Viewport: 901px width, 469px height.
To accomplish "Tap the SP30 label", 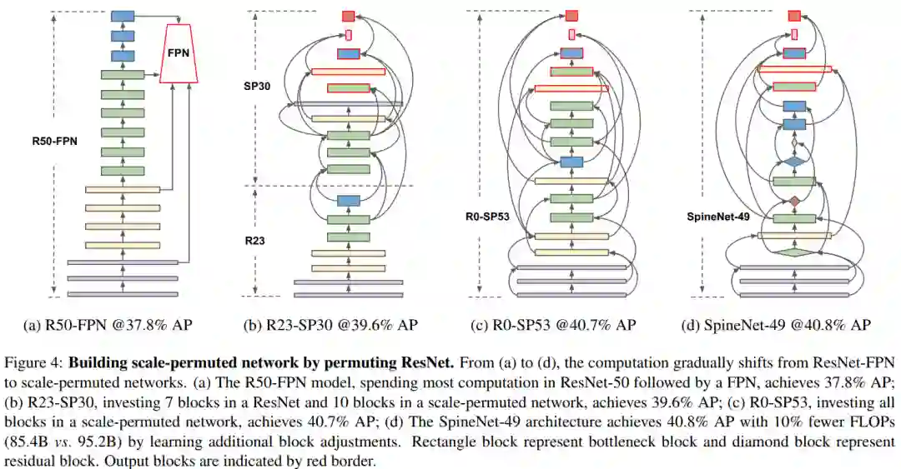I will coord(257,87).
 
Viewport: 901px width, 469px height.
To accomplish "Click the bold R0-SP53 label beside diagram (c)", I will coord(487,216).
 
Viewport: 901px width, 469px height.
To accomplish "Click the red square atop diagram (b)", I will coord(348,16).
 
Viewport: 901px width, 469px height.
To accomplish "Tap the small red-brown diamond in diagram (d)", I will coord(794,202).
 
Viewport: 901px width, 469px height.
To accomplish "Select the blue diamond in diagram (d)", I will coord(794,161).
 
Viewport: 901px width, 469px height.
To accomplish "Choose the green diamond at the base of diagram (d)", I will coord(794,251).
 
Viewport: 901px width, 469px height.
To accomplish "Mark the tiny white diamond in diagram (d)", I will coord(794,143).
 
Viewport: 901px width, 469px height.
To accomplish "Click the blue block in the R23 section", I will coord(348,200).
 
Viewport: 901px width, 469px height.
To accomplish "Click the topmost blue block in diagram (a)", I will coord(123,16).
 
